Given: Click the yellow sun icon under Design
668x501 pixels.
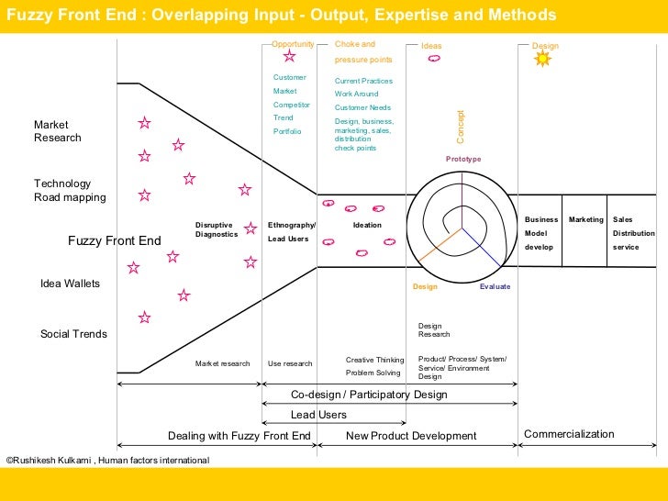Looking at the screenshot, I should tap(542, 59).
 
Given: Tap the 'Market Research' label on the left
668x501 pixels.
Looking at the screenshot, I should tap(58, 131).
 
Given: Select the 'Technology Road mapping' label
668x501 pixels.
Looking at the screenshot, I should tap(70, 191).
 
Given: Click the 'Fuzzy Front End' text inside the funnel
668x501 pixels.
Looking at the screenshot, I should tap(115, 241).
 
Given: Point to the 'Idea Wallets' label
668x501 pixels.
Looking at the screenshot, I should tap(70, 284).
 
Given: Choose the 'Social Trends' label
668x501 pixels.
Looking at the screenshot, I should tap(73, 334).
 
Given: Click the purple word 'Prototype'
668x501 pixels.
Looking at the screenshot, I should tap(463, 160).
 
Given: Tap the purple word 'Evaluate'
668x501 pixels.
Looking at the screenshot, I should tap(495, 287).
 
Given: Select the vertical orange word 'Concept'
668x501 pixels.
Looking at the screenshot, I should tap(461, 127).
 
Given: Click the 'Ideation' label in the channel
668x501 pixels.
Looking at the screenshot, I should tap(367, 225).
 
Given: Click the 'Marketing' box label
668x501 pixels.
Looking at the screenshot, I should tap(586, 220).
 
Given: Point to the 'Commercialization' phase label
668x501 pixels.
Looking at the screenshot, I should tap(569, 434).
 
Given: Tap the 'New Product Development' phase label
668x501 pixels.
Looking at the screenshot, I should tap(411, 436).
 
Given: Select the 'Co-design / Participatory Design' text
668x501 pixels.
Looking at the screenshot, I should tap(369, 395).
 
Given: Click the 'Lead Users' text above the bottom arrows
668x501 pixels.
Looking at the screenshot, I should tap(318, 415).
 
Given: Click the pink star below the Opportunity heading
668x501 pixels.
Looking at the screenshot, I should tap(289, 57).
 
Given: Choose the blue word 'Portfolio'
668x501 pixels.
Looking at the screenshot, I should tap(287, 131).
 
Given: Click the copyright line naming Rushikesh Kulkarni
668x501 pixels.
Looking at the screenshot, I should tap(107, 460).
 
